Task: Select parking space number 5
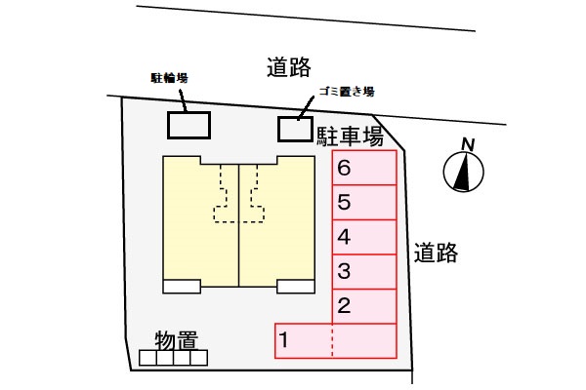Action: tap(364, 204)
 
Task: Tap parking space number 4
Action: tap(364, 237)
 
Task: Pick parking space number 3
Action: tap(364, 271)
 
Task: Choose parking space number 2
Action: tap(364, 305)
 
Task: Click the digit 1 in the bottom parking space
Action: tap(284, 340)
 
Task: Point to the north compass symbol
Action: tap(465, 174)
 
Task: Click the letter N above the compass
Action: tap(468, 145)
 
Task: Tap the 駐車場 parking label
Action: tap(349, 135)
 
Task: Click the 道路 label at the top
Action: tap(288, 66)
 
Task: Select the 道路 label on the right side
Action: tap(435, 253)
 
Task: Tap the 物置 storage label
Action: tap(177, 341)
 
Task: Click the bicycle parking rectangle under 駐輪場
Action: tap(188, 126)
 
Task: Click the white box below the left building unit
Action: tap(182, 286)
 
